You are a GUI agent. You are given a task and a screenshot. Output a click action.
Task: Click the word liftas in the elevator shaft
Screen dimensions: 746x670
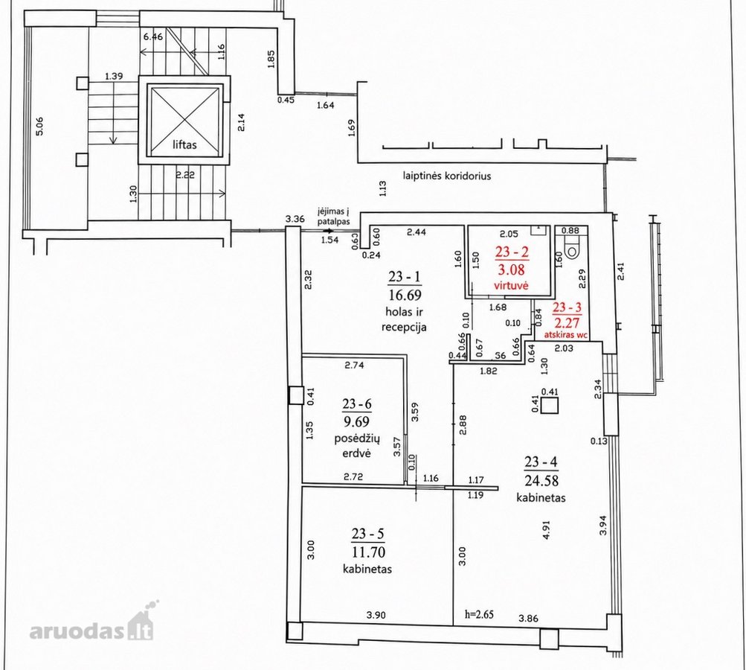coord(184,144)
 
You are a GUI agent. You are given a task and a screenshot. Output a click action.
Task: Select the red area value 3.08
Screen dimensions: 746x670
coord(512,269)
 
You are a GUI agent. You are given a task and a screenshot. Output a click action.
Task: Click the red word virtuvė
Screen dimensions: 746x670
coord(512,286)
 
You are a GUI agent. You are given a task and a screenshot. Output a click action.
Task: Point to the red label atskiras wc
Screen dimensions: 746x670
coord(567,335)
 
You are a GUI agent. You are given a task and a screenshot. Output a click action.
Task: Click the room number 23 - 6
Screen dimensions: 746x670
coord(357,404)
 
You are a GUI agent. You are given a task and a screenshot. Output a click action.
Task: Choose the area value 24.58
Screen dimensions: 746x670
coord(541,479)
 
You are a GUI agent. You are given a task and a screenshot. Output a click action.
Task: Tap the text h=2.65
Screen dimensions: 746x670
coord(480,614)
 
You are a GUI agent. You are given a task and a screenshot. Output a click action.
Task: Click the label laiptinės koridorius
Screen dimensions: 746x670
coord(447,176)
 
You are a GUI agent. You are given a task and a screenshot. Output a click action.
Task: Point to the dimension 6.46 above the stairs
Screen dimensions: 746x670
coord(153,36)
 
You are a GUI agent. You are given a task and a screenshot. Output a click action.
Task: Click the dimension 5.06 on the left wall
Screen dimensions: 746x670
coord(40,127)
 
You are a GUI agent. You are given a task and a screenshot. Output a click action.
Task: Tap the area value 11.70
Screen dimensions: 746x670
coord(369,552)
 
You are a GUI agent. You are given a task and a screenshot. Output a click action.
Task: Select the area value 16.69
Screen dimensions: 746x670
coord(405,296)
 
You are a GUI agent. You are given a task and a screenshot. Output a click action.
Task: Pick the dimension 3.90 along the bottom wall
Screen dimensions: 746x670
coord(376,615)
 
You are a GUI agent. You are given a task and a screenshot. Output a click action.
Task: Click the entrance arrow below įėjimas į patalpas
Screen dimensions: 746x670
coord(325,231)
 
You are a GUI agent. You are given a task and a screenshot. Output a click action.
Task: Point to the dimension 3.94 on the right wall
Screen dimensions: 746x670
coord(602,526)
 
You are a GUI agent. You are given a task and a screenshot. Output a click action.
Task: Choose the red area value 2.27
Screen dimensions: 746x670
coord(567,323)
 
